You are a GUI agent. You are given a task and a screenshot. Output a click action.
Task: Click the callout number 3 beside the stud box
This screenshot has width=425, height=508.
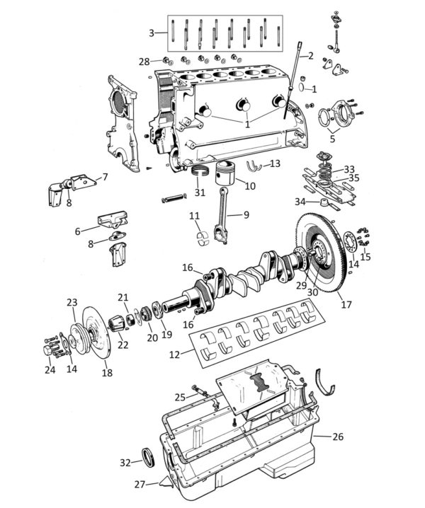coord(152,33)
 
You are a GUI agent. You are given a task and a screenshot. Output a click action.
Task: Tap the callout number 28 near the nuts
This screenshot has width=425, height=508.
coord(144,62)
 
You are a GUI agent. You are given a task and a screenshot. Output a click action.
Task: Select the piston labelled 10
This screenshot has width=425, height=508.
coord(225,173)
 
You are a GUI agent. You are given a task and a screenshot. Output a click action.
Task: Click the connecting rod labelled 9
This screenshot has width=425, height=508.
coord(221,215)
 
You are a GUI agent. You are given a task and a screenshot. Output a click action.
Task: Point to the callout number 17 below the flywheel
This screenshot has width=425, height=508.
coord(346,304)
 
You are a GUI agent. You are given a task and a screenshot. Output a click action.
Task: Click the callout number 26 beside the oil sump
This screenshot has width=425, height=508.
coord(338,437)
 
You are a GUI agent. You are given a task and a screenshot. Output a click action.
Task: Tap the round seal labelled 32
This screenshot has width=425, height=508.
coord(149,457)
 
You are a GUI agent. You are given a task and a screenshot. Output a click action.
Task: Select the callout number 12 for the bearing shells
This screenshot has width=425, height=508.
coord(174,354)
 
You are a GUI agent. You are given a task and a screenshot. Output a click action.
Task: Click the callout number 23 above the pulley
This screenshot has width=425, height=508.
coord(72,302)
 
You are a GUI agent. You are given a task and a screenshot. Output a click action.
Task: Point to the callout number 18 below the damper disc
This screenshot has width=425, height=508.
coord(107,373)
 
